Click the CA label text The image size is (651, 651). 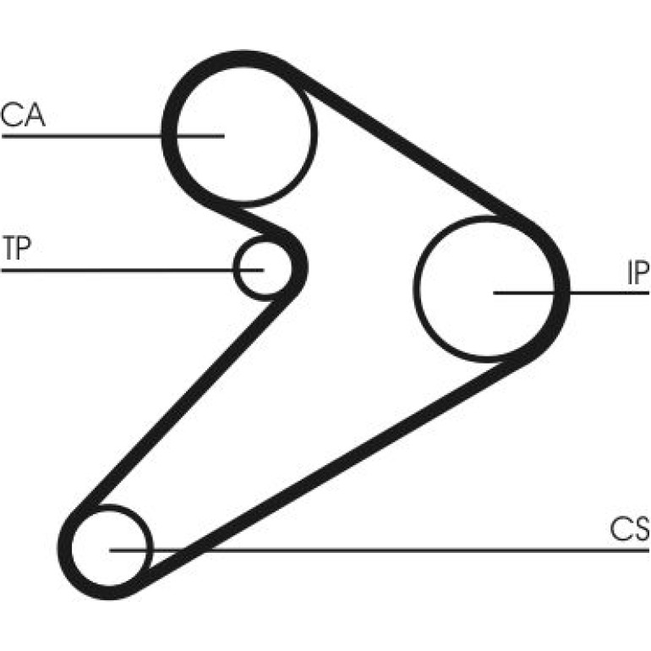23,115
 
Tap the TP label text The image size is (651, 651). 17,248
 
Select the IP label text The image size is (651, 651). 637,273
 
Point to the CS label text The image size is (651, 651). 629,528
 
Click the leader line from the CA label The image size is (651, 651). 113,136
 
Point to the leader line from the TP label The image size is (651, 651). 133,271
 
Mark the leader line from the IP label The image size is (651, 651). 572,293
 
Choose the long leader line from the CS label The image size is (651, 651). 379,550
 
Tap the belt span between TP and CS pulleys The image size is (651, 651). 183,401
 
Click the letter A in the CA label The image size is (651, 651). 35,115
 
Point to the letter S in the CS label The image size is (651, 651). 641,528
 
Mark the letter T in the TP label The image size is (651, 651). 9,248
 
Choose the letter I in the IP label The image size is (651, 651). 629,273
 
